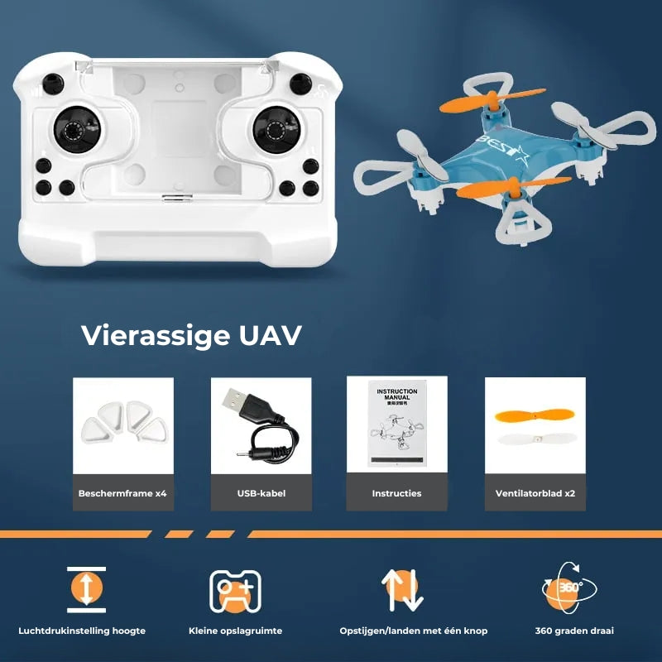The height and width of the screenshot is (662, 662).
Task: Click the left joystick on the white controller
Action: [x=73, y=130]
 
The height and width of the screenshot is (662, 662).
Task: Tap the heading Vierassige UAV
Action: [x=191, y=336]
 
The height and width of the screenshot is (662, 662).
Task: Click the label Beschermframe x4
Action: [x=122, y=493]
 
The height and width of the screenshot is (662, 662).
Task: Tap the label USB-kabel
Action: [x=261, y=493]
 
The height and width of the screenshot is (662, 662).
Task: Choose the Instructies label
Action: [x=396, y=493]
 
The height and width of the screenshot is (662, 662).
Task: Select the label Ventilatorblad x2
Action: [x=535, y=493]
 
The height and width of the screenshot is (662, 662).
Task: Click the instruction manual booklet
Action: [x=396, y=424]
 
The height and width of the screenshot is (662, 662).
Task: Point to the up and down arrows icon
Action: [x=402, y=590]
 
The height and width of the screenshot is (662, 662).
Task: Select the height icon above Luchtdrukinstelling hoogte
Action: [x=87, y=589]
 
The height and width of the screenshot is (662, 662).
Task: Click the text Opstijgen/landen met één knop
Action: [x=414, y=631]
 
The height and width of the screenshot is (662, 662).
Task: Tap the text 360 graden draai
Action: [x=574, y=631]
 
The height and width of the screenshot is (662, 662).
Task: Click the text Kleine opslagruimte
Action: [x=236, y=631]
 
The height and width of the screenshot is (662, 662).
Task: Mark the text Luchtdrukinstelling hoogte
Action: [x=88, y=631]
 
